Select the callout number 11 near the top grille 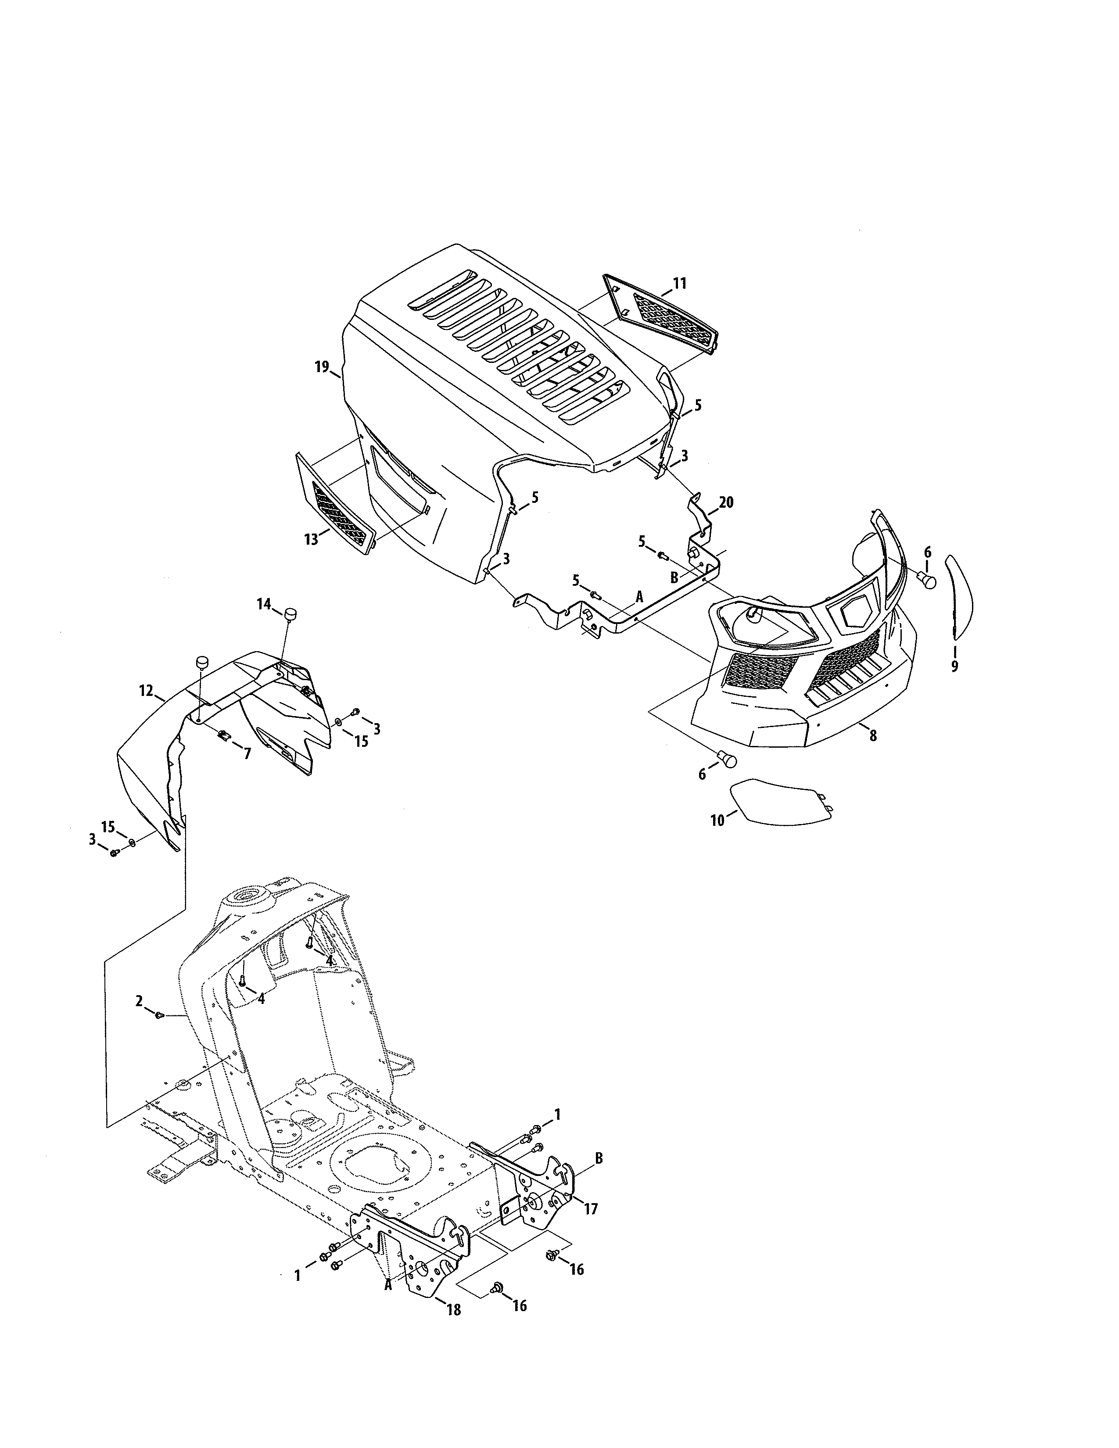(x=679, y=284)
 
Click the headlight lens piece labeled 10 (x=779, y=802)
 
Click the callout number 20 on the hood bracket (x=726, y=502)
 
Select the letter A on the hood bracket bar (x=640, y=597)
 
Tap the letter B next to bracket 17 (x=599, y=1158)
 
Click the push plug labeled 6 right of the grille (x=929, y=581)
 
